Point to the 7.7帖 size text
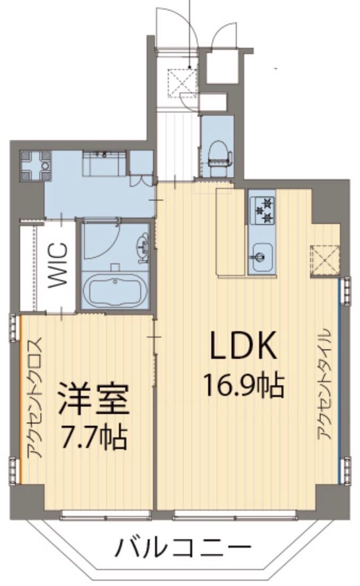tap(93, 436)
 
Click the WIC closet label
tap(58, 265)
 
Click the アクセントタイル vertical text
tap(324, 385)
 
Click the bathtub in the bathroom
tap(115, 290)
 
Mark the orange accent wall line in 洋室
tap(21, 398)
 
